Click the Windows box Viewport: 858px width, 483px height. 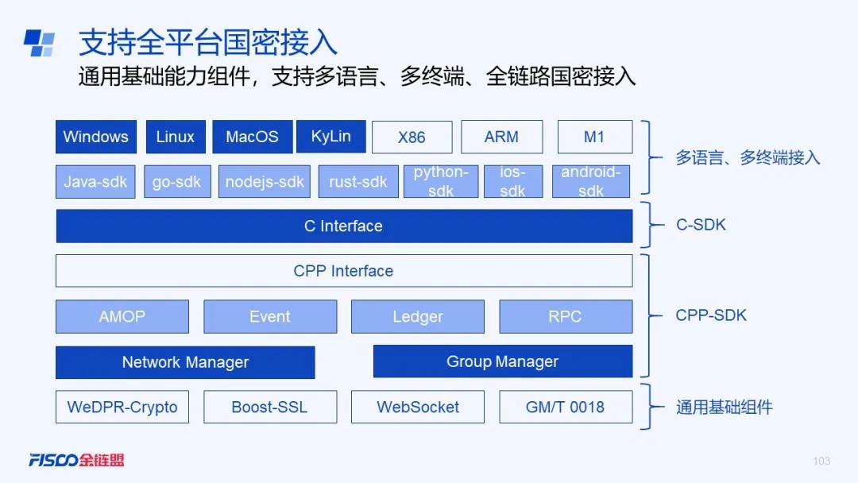96,137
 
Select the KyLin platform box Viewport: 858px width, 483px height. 331,136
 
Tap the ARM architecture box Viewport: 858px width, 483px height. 502,137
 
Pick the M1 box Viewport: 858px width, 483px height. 595,137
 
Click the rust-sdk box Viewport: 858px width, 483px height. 358,182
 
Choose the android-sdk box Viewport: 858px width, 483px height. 591,181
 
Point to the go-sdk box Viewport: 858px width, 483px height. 177,182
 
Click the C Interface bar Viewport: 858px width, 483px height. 344,226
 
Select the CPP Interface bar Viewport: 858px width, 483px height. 344,271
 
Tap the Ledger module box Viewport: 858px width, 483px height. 418,316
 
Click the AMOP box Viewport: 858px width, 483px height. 122,316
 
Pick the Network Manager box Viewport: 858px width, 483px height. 185,362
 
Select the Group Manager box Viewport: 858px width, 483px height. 503,361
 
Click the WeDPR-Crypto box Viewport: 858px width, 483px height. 122,407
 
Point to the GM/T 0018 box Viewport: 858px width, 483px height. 566,407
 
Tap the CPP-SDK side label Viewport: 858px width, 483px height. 711,315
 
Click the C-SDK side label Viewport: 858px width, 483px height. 701,225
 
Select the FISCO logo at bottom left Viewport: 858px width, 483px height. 76,460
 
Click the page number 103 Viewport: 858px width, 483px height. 821,461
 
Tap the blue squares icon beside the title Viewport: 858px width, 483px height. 40,43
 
